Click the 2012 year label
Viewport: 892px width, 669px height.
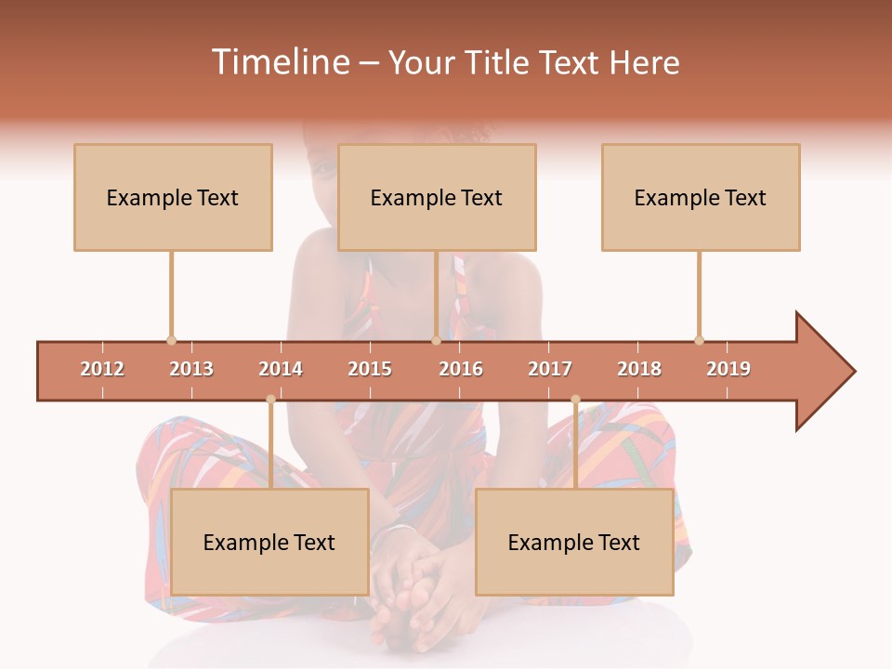102,369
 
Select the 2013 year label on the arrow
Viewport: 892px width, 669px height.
191,369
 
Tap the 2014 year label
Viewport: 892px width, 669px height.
281,369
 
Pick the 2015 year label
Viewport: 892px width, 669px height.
370,369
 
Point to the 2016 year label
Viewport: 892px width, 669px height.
461,369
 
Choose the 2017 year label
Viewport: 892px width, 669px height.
550,369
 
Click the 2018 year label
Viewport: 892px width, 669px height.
639,369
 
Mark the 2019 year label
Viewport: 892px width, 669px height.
728,369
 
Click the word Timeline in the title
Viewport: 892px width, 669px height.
279,62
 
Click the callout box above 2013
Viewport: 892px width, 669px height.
173,197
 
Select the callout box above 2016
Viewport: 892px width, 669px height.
437,197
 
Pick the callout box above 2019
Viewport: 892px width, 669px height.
701,197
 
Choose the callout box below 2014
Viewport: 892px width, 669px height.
269,542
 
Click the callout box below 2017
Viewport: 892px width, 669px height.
574,542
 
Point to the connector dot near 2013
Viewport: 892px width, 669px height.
171,340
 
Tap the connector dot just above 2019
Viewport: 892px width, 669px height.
699,340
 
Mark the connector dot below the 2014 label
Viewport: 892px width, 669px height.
270,400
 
